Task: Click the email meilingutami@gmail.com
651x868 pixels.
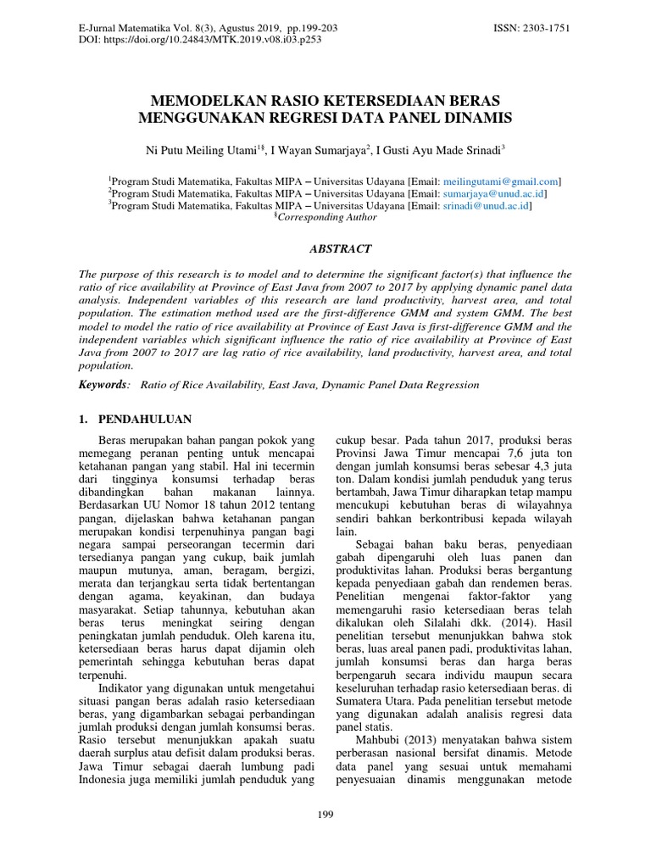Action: [507, 181]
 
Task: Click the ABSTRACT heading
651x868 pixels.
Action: [325, 249]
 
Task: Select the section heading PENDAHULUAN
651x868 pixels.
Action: [146, 420]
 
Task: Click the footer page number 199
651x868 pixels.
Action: [325, 815]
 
